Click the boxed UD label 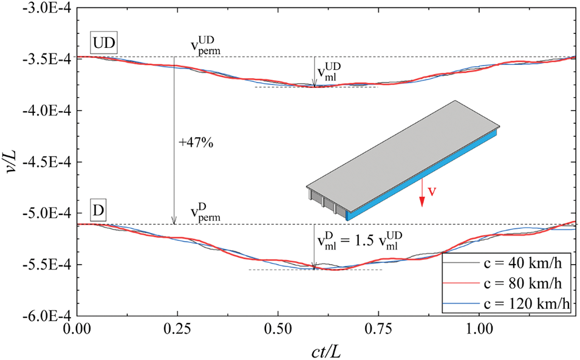[x=105, y=44]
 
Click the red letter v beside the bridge [x=432, y=192]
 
